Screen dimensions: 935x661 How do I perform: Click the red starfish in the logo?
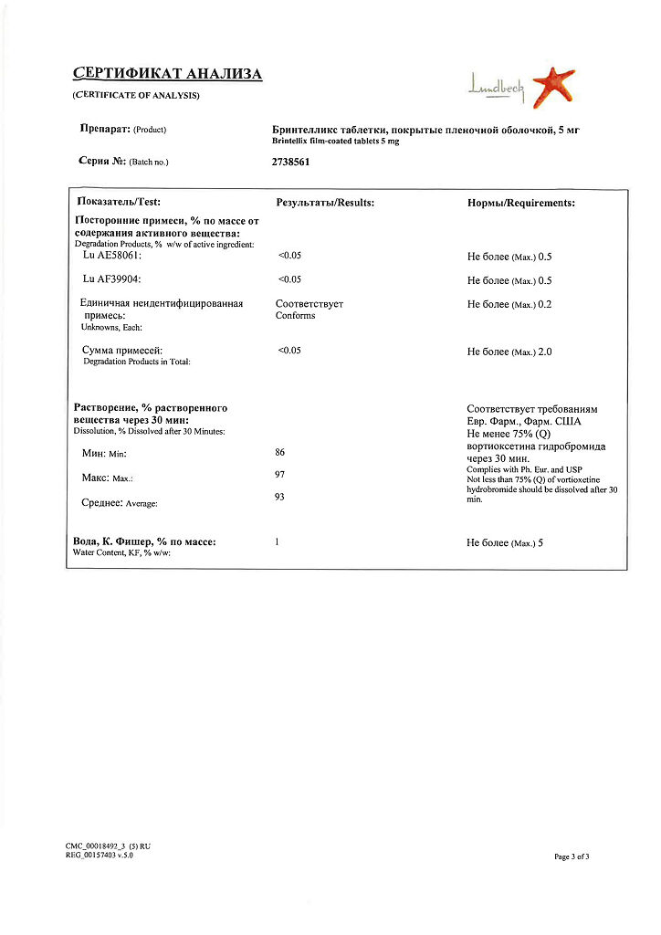coord(553,85)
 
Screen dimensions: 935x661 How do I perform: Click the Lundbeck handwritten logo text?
coord(496,88)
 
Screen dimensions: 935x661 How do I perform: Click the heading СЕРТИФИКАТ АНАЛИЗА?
coord(167,74)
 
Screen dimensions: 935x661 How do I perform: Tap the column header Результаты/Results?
coord(325,203)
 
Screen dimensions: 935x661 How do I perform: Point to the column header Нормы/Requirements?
coord(520,203)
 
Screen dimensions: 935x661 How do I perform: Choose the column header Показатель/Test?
coord(120,202)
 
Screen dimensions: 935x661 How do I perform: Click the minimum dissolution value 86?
coord(280,452)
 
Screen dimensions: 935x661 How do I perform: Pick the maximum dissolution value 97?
coord(280,475)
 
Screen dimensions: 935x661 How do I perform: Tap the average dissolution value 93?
coord(280,497)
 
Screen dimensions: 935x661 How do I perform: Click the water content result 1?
coord(277,542)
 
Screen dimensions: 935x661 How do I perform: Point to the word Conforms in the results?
coord(295,316)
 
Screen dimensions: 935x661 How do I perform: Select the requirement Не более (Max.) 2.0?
coord(509,352)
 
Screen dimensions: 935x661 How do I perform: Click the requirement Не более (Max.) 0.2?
coord(509,304)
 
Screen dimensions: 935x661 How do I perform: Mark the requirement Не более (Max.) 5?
coord(505,543)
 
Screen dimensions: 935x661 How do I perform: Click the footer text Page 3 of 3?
coord(572,856)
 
